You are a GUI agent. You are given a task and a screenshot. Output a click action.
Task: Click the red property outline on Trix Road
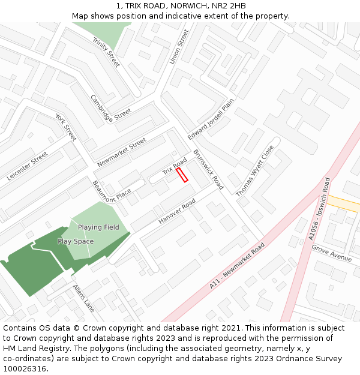tap(182, 175)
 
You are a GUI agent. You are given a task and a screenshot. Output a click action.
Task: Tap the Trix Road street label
tap(175, 168)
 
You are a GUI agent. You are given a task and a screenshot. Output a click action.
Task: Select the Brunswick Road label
tap(208, 170)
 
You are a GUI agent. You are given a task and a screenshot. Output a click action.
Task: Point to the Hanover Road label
tap(177, 212)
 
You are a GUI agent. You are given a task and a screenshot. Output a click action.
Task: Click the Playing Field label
tap(98, 227)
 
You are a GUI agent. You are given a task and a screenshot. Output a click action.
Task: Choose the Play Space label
tap(76, 241)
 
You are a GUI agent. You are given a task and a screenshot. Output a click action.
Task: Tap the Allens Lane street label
tap(83, 298)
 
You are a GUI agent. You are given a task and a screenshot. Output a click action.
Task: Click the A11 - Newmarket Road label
tap(237, 266)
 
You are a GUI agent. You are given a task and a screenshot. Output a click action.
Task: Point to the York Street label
tap(66, 127)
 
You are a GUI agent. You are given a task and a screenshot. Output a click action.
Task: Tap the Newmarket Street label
tap(122, 152)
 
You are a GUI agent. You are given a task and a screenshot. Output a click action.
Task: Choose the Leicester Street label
tap(27, 166)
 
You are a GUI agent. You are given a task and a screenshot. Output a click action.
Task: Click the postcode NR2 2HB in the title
tap(229, 6)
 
